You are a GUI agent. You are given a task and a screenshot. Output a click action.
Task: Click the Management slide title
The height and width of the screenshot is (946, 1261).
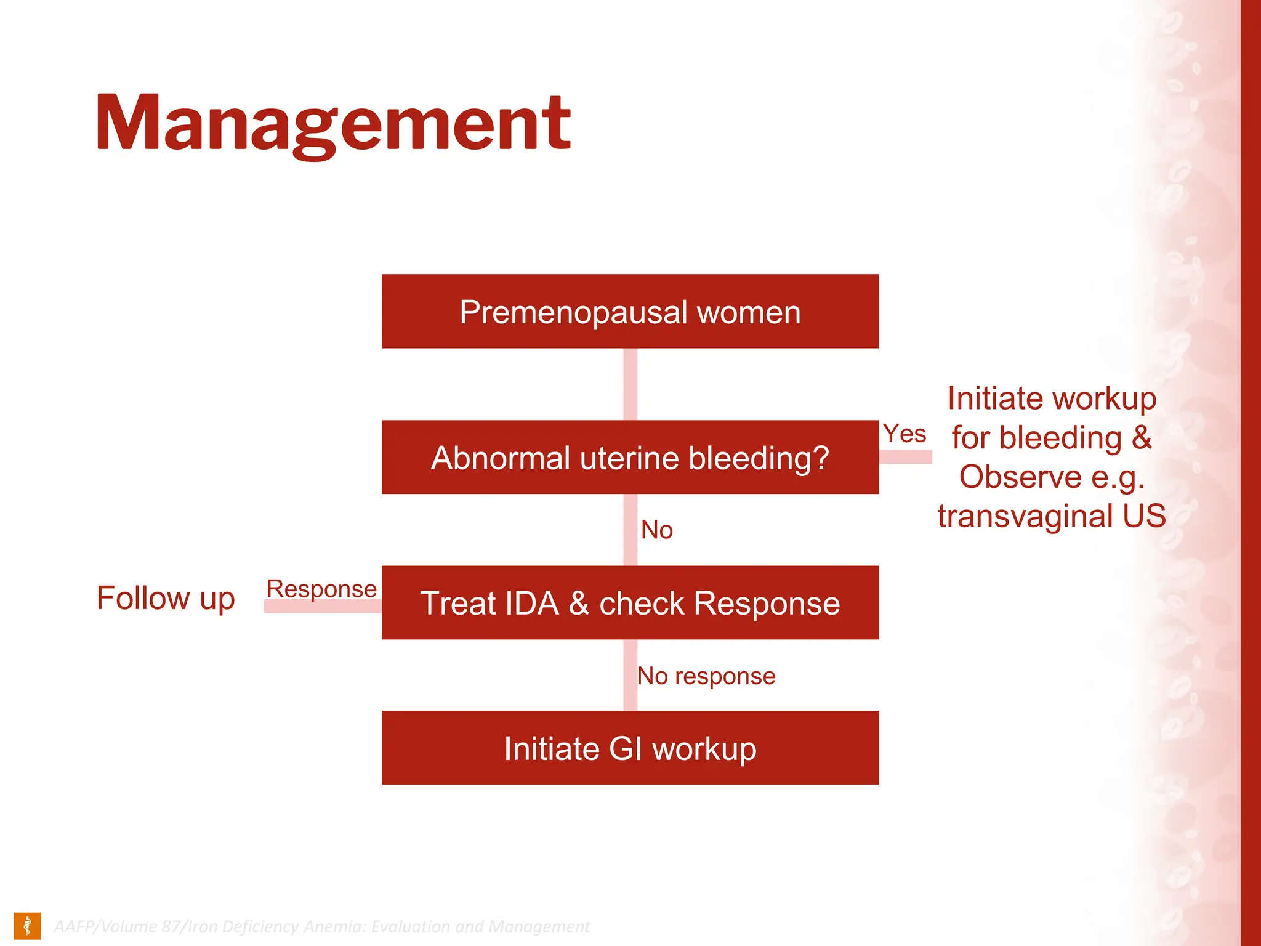pyautogui.click(x=333, y=123)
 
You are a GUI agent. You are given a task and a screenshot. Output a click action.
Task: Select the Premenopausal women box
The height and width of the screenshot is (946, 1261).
pyautogui.click(x=630, y=312)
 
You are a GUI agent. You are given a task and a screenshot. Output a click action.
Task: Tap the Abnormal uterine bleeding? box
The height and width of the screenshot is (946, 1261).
pyautogui.click(x=630, y=458)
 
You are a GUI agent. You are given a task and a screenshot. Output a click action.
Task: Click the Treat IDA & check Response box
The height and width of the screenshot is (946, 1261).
pyautogui.click(x=630, y=603)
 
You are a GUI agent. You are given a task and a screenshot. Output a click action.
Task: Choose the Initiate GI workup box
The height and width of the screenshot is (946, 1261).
pyautogui.click(x=630, y=748)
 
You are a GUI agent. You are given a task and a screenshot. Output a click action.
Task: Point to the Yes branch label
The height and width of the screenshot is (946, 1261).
pyautogui.click(x=904, y=434)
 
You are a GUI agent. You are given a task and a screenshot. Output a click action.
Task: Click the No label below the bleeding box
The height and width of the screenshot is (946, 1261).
pyautogui.click(x=657, y=530)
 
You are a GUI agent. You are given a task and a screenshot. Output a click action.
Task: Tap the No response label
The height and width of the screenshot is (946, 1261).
pyautogui.click(x=706, y=676)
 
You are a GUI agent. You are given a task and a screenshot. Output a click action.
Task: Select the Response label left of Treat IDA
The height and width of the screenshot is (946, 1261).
pyautogui.click(x=321, y=589)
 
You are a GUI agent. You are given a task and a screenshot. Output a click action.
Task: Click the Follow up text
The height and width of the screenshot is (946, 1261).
pyautogui.click(x=166, y=598)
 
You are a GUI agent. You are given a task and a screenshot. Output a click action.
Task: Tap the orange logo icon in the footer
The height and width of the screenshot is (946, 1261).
pyautogui.click(x=27, y=926)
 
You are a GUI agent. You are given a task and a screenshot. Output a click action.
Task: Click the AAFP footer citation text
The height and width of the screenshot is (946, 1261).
pyautogui.click(x=321, y=927)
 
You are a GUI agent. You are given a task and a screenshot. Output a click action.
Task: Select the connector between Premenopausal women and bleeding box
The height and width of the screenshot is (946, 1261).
pyautogui.click(x=630, y=384)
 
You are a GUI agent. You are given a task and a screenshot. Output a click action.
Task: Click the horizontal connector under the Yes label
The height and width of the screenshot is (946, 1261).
pyautogui.click(x=905, y=457)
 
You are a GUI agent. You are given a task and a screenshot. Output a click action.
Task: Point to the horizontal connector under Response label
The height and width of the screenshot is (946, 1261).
pyautogui.click(x=322, y=607)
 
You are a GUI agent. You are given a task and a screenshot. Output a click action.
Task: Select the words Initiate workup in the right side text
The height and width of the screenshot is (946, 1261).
pyautogui.click(x=1052, y=398)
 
